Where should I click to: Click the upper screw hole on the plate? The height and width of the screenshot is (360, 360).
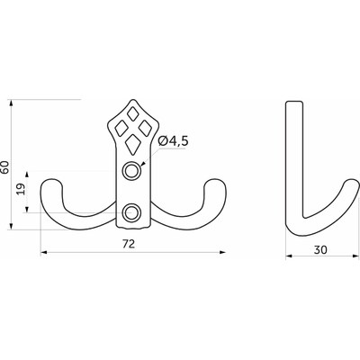pos(132,171)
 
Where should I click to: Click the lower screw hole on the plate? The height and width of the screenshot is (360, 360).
pos(132,212)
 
